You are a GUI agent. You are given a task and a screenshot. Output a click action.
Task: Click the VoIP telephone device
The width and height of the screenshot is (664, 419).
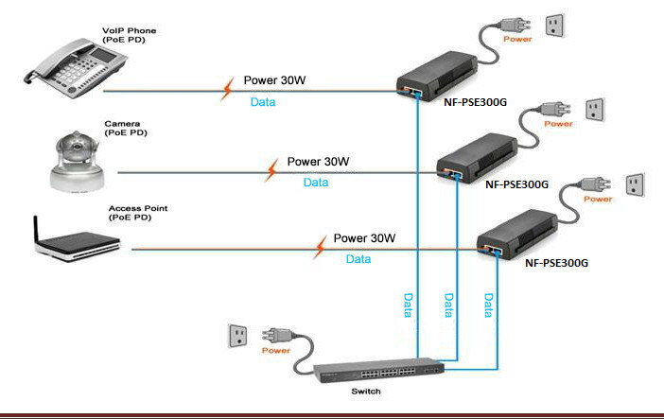61,71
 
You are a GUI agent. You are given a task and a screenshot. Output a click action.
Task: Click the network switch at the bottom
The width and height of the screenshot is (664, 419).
370,375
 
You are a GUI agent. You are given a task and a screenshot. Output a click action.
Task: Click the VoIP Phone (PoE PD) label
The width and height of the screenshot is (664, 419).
129,36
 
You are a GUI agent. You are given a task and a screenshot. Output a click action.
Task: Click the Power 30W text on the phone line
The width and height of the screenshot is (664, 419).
275,80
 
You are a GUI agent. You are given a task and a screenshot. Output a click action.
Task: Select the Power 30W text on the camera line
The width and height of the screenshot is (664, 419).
318,162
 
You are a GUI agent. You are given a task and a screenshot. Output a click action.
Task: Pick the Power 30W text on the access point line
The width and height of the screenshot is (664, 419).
364,238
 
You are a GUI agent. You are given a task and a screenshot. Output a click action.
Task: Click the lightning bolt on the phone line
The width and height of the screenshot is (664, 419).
228,90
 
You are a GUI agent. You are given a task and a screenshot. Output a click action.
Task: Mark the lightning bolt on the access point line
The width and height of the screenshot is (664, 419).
320,248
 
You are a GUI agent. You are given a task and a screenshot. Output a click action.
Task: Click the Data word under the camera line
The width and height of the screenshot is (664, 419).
316,183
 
